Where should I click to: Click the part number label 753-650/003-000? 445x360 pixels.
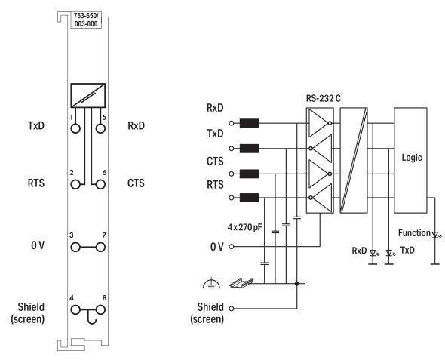[x=86, y=20]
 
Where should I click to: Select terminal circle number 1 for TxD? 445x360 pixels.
[x=75, y=128]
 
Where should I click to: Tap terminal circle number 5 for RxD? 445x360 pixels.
[x=100, y=128]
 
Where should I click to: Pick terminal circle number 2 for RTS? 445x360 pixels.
[x=75, y=185]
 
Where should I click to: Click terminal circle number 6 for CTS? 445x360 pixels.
[x=100, y=185]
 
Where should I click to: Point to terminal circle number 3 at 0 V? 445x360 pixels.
[x=75, y=248]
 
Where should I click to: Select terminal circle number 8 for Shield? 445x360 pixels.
[x=100, y=309]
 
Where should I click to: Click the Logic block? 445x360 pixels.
[x=410, y=160]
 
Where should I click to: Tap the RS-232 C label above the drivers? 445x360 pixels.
[x=324, y=98]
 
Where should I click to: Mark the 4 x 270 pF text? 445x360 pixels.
[x=244, y=227]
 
